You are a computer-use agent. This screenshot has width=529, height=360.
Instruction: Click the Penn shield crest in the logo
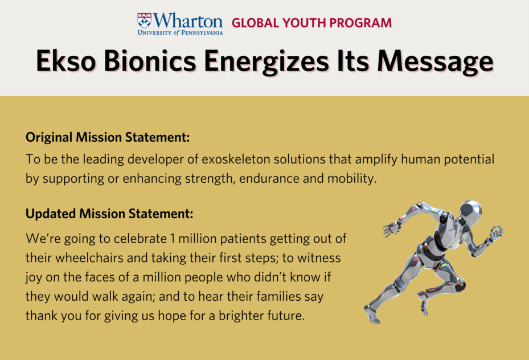145,21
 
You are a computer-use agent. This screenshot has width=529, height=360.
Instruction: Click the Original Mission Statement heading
108,137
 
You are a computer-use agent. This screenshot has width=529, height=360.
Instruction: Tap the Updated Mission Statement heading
109,214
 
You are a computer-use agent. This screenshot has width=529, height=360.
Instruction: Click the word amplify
376,159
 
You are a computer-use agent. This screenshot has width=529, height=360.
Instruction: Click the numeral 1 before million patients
173,239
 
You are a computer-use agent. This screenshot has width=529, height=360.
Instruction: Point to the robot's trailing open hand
391,229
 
